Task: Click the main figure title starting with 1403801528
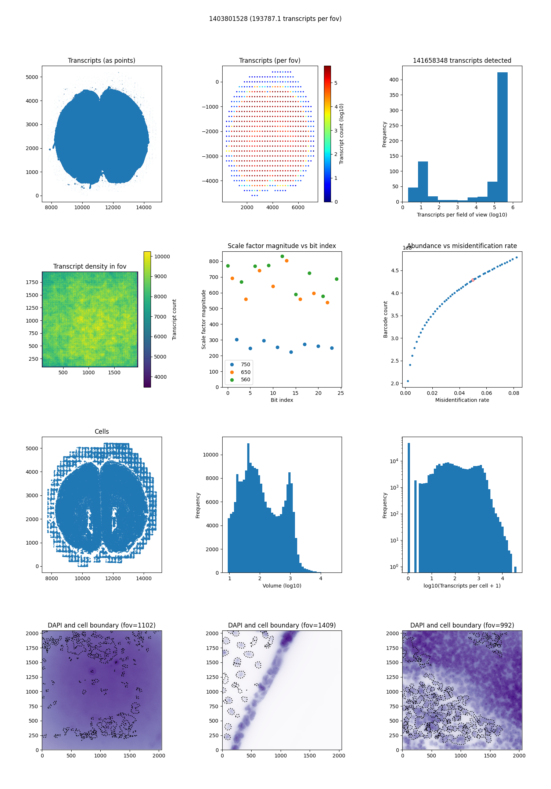pyautogui.click(x=275, y=19)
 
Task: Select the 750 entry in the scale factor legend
pyautogui.click(x=245, y=364)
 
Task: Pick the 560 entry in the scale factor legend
pyautogui.click(x=245, y=379)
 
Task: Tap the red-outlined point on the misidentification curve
pyautogui.click(x=473, y=280)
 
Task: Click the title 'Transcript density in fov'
pyautogui.click(x=90, y=266)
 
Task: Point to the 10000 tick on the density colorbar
pyautogui.click(x=162, y=257)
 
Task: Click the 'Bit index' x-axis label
pyautogui.click(x=282, y=400)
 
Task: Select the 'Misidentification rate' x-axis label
pyautogui.click(x=462, y=400)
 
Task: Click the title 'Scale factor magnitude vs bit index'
pyautogui.click(x=282, y=246)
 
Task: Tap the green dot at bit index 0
pyautogui.click(x=228, y=266)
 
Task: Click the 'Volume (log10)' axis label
pyautogui.click(x=282, y=586)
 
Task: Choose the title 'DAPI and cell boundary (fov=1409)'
pyautogui.click(x=282, y=625)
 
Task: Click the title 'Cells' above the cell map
pyautogui.click(x=102, y=432)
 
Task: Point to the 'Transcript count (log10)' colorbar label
pyautogui.click(x=341, y=134)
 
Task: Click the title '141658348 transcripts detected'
pyautogui.click(x=462, y=61)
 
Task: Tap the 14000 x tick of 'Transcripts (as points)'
pyautogui.click(x=144, y=207)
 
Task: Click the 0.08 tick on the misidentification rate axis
pyautogui.click(x=514, y=393)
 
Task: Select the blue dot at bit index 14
pyautogui.click(x=291, y=352)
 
